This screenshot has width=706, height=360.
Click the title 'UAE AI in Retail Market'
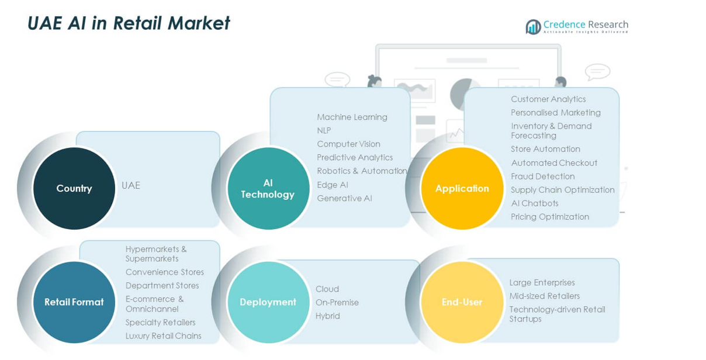129,23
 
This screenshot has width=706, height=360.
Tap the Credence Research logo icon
532,27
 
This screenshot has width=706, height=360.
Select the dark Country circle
74,188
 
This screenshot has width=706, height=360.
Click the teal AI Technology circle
268,188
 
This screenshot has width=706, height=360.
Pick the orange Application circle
462,188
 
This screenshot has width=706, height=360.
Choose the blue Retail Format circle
74,302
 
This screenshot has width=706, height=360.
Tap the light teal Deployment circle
268,302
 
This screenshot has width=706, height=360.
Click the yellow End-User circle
462,302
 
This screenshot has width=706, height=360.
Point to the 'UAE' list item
131,185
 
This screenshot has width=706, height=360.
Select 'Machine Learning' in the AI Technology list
352,117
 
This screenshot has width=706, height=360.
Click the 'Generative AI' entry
344,198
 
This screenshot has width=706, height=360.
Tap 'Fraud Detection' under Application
542,176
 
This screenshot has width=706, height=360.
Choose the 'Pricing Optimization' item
550,216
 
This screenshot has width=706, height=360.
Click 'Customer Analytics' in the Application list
548,99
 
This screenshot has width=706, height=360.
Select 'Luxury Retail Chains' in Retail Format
163,335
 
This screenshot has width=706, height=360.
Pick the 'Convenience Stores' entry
164,272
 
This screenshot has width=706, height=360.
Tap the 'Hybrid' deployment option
327,316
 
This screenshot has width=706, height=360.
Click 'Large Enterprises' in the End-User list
542,282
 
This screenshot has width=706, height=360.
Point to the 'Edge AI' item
332,185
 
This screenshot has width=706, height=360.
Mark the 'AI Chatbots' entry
534,203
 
